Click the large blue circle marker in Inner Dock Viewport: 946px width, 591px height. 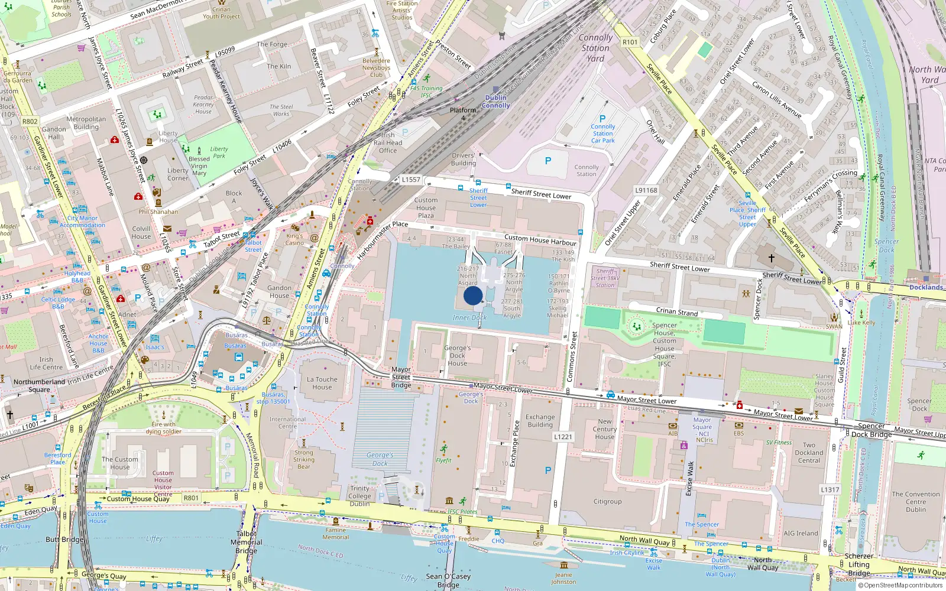[x=473, y=295]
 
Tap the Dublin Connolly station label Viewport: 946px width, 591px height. [x=495, y=102]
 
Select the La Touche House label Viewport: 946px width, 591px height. [x=322, y=384]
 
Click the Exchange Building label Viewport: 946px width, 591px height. [x=540, y=421]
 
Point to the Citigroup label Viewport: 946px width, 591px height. [x=607, y=502]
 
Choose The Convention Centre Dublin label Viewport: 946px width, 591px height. [x=915, y=502]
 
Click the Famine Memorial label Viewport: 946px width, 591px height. [x=335, y=534]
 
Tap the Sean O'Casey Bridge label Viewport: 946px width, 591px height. [x=448, y=580]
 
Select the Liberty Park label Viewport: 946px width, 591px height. [x=219, y=152]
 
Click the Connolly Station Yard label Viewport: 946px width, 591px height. [x=595, y=48]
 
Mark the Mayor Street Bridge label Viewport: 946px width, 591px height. [x=401, y=377]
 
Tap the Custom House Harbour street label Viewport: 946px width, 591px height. [x=540, y=240]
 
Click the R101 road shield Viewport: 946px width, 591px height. [x=630, y=42]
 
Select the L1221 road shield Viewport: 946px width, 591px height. [x=563, y=437]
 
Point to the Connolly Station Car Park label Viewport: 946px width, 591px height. [x=602, y=134]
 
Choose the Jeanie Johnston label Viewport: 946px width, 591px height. [x=563, y=578]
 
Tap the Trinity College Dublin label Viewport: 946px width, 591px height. [x=359, y=496]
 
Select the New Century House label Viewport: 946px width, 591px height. [x=604, y=429]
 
